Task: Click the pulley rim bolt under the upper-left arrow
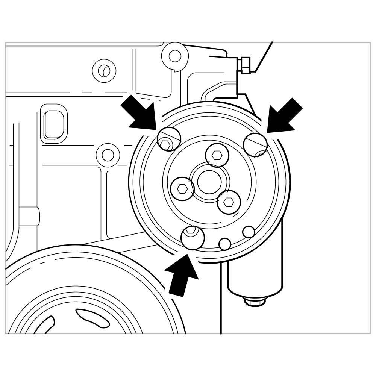pyautogui.click(x=169, y=139)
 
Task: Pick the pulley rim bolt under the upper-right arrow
pyautogui.click(x=255, y=145)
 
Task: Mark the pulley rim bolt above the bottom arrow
pyautogui.click(x=193, y=238)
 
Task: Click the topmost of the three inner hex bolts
pyautogui.click(x=217, y=155)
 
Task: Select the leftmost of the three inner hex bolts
pyautogui.click(x=182, y=189)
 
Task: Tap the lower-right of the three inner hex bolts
pyautogui.click(x=229, y=202)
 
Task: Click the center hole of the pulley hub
pyautogui.click(x=209, y=182)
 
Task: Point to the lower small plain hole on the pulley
pyautogui.click(x=224, y=244)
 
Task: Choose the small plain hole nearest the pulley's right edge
pyautogui.click(x=249, y=232)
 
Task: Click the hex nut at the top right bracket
pyautogui.click(x=245, y=65)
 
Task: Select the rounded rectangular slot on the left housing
pyautogui.click(x=54, y=124)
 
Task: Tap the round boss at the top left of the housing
pyautogui.click(x=104, y=71)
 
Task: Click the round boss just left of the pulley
pyautogui.click(x=108, y=155)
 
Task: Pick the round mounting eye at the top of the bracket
pyautogui.click(x=175, y=56)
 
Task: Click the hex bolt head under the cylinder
pyautogui.click(x=255, y=301)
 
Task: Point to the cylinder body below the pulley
pyautogui.click(x=255, y=274)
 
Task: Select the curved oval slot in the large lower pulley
pyautogui.click(x=92, y=318)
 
